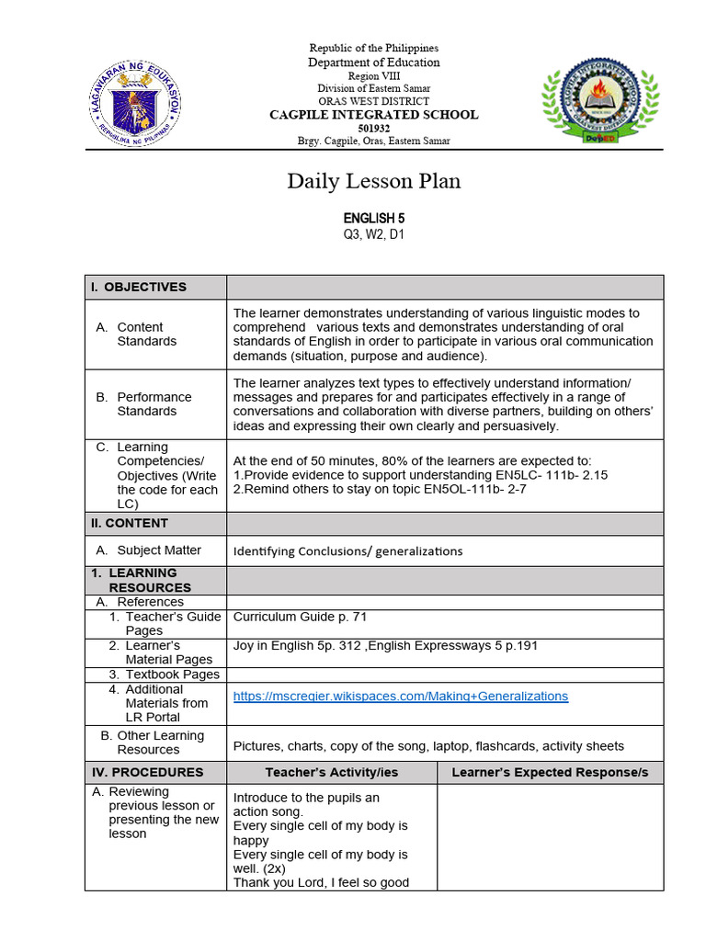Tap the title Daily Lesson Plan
point(373,182)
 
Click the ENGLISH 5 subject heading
point(373,219)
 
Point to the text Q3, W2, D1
point(373,234)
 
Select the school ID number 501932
point(373,128)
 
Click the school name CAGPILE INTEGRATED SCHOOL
point(373,115)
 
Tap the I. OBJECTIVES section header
point(138,287)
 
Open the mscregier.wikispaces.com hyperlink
point(401,697)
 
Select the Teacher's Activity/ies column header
point(331,772)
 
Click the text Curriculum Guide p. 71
point(300,617)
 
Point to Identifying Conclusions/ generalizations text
point(347,551)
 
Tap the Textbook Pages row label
point(172,675)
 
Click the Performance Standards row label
point(154,404)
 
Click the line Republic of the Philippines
point(373,48)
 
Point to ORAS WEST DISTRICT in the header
point(373,101)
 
